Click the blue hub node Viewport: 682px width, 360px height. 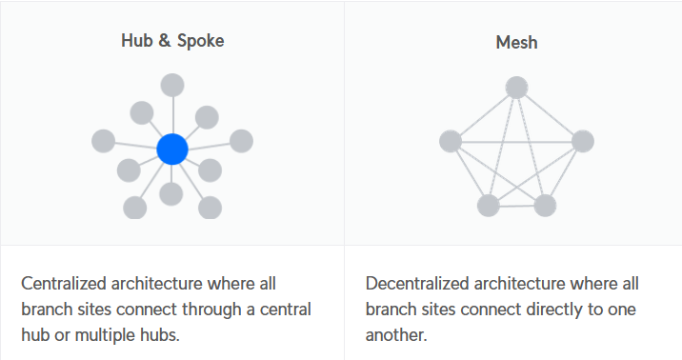pos(172,150)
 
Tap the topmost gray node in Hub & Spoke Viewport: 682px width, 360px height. pos(172,85)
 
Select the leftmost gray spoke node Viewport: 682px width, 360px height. pos(104,141)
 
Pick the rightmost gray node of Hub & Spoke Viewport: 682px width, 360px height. pos(241,141)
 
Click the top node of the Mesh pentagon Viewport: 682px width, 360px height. pos(516,88)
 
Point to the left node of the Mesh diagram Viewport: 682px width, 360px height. pos(451,141)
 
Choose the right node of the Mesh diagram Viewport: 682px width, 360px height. pos(583,141)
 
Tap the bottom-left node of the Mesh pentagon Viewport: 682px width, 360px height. pos(489,205)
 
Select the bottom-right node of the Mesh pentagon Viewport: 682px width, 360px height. pos(545,205)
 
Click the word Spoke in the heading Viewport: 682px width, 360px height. pos(201,41)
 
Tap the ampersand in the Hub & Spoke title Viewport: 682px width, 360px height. pos(165,41)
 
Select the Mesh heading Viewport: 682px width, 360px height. pos(516,42)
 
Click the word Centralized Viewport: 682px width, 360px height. pos(64,284)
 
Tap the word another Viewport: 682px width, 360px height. pos(396,335)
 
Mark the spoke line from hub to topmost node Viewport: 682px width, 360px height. pos(172,115)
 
